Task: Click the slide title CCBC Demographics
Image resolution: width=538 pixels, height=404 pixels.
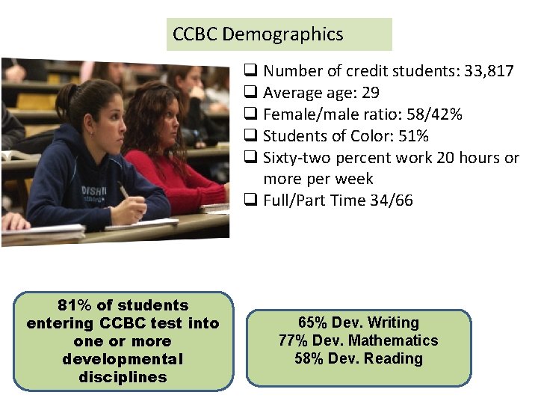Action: tap(258, 34)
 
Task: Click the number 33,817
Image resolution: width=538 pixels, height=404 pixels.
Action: tap(487, 72)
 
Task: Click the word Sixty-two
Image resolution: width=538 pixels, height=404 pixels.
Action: tap(297, 158)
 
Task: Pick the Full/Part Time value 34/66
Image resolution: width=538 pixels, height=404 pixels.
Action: tap(391, 201)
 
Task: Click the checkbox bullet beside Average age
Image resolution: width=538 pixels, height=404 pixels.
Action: tap(251, 94)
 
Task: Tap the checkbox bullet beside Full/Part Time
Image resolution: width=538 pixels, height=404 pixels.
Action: tap(251, 201)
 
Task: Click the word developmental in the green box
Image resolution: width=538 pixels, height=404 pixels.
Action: tap(123, 359)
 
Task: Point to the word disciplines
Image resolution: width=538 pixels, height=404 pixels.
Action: tap(123, 377)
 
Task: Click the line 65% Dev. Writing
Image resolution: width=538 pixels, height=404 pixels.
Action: tap(359, 322)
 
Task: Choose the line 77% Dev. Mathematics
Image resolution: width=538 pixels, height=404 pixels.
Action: tap(359, 340)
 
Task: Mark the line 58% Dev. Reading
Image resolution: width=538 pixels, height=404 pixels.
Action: tap(359, 358)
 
